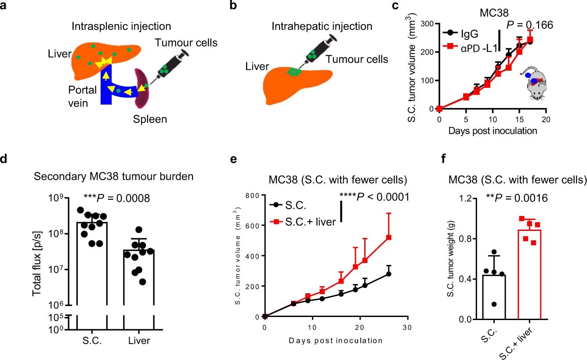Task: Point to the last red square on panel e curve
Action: [x=376, y=238]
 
